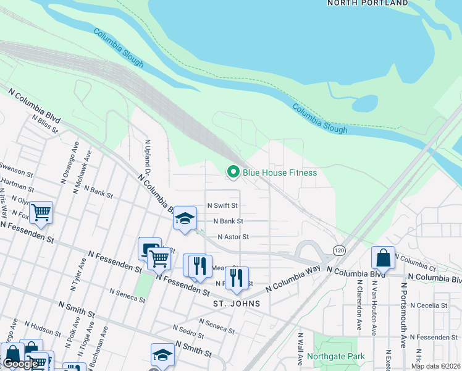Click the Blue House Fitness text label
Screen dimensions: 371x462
pyautogui.click(x=279, y=173)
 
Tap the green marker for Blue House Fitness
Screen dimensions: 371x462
pyautogui.click(x=233, y=172)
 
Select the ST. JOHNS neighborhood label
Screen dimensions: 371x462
pyautogui.click(x=233, y=304)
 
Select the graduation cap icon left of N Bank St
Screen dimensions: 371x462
pyautogui.click(x=185, y=219)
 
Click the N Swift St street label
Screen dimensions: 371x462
pyautogui.click(x=222, y=205)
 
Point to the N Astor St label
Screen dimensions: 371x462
pyautogui.click(x=233, y=237)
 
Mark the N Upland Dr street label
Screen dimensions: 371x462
pyautogui.click(x=148, y=158)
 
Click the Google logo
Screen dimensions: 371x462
pyautogui.click(x=20, y=364)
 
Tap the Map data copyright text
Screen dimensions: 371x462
pyautogui.click(x=435, y=366)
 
